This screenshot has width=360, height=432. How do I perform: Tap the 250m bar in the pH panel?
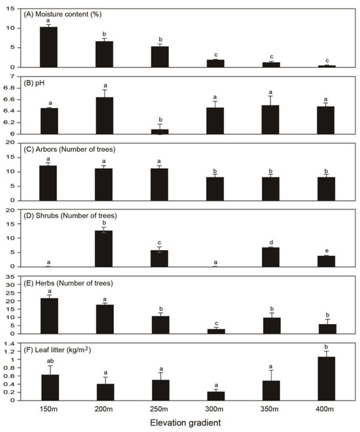160,132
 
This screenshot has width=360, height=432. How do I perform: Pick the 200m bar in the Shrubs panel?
104,248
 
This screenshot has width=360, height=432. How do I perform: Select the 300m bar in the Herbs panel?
215,331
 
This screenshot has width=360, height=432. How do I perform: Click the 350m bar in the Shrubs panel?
271,257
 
